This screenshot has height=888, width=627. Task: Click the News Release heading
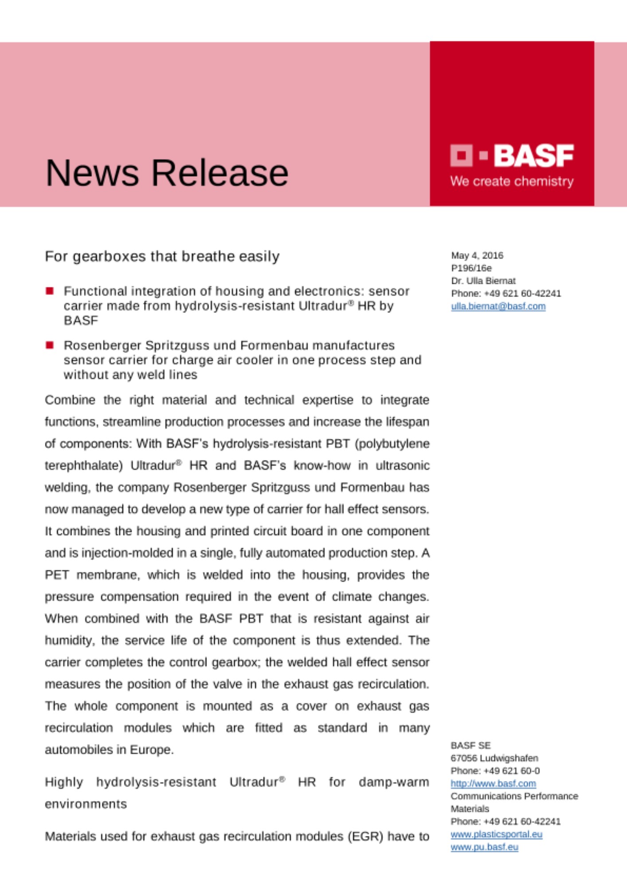coord(167,173)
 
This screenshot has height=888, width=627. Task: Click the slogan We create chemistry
coord(512,181)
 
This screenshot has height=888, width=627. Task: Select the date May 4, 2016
coord(477,255)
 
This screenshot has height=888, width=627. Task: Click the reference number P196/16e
coord(471,268)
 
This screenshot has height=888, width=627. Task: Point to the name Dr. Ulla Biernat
coord(483,281)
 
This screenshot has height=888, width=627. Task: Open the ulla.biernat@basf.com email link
coord(498,306)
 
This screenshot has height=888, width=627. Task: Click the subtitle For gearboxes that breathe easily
coord(162,257)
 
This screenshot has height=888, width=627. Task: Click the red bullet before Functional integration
coord(50,291)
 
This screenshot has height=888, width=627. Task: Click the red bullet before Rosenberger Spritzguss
coord(50,345)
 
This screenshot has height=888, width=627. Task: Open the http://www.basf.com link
coord(493,784)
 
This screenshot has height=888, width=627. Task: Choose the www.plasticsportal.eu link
coord(496,834)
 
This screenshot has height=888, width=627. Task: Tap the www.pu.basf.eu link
coord(484,847)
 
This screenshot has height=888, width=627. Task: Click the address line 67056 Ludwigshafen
coord(494,758)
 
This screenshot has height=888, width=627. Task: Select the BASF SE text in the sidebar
coord(470,745)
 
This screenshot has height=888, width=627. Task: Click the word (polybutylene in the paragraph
coord(392,444)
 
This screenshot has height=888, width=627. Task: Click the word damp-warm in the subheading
coord(393,782)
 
